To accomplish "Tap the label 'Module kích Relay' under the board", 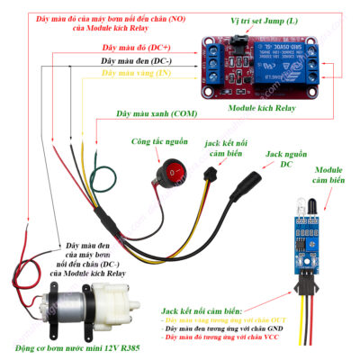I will (x=264, y=107).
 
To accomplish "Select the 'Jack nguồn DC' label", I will (x=287, y=160).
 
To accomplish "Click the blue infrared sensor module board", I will (x=299, y=244).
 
